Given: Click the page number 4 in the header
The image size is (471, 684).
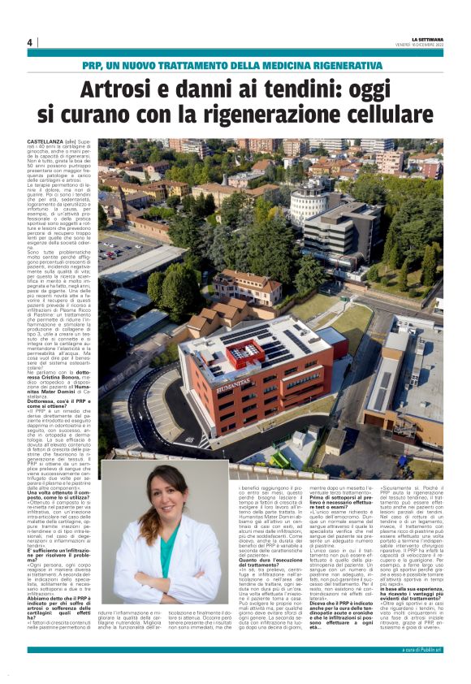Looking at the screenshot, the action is point(30,42).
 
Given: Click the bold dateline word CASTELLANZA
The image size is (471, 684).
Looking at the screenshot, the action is point(44,141).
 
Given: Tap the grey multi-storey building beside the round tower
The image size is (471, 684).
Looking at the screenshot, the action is point(345,230).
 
